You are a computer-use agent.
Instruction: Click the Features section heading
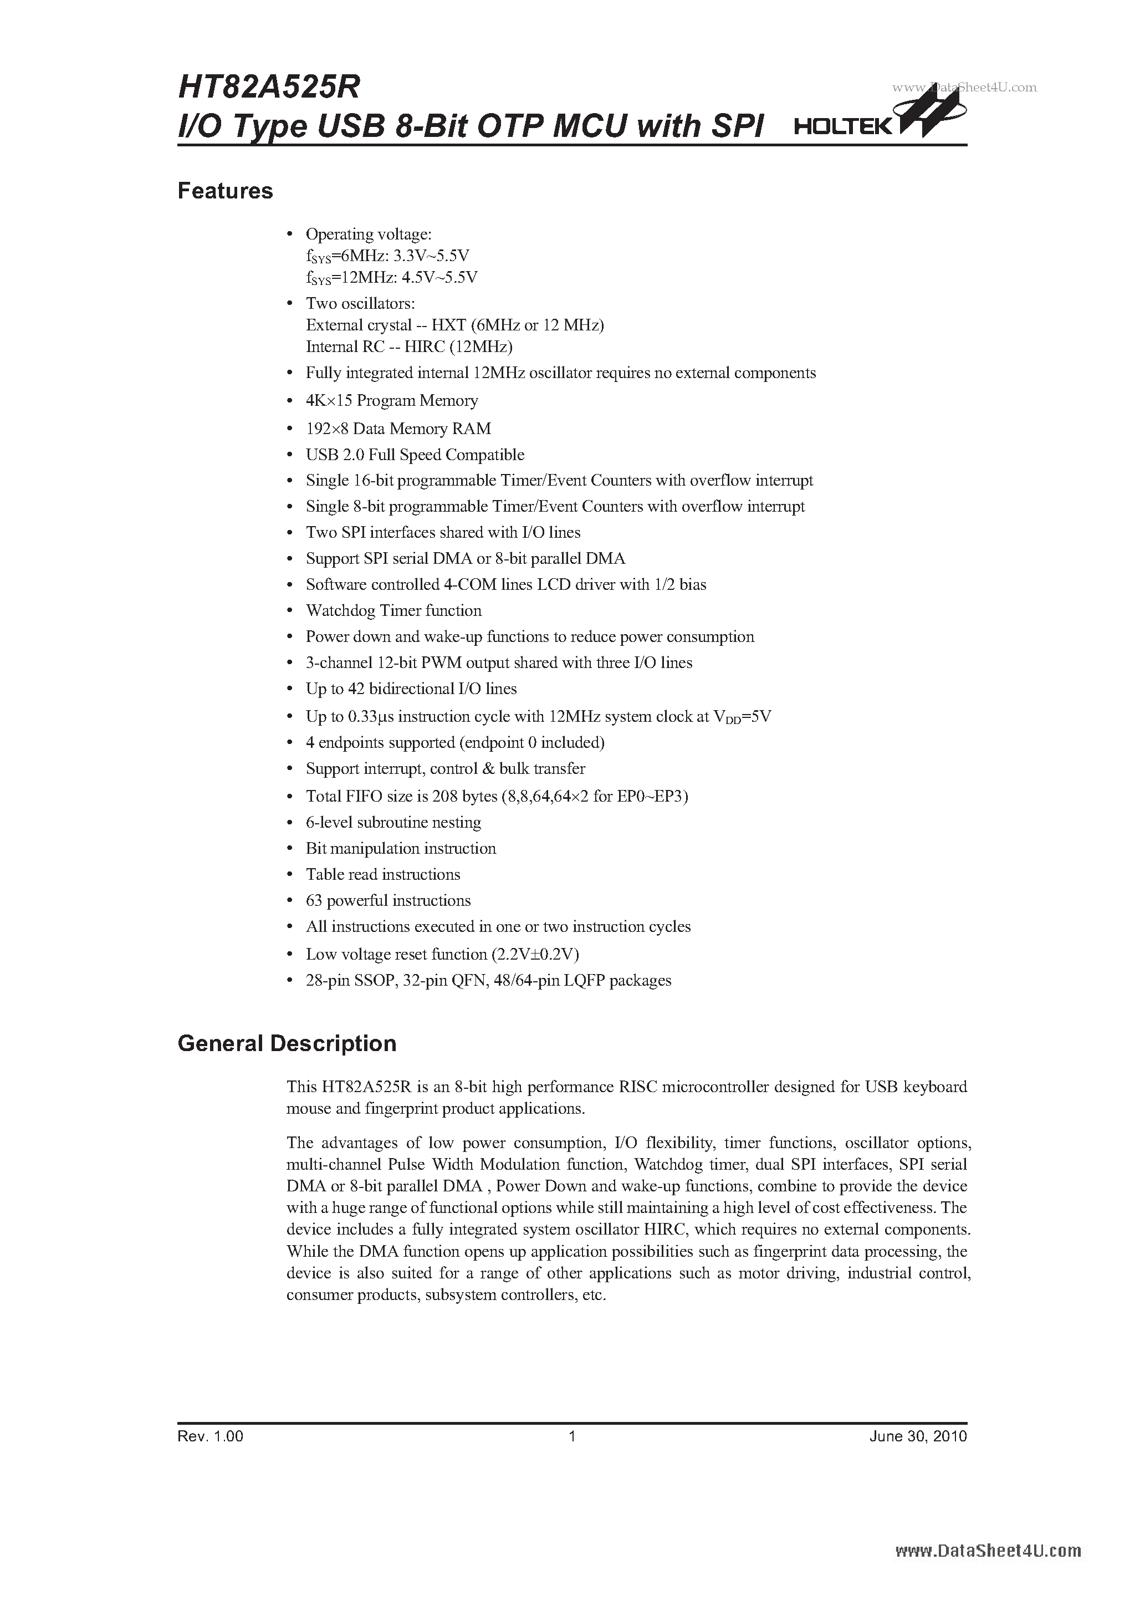(224, 191)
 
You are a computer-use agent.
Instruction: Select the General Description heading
(287, 1043)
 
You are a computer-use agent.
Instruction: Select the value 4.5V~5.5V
(439, 277)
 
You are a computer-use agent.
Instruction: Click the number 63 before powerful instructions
(314, 901)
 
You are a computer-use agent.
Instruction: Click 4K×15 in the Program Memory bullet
(328, 401)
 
